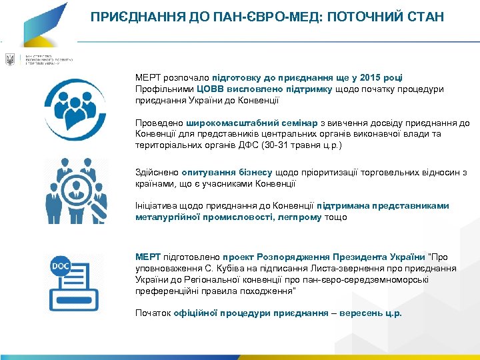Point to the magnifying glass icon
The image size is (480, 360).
coord(88,193)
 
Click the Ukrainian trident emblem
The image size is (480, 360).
coord(10,60)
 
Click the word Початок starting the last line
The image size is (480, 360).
coord(153,312)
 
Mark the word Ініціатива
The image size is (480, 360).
coord(157,206)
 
